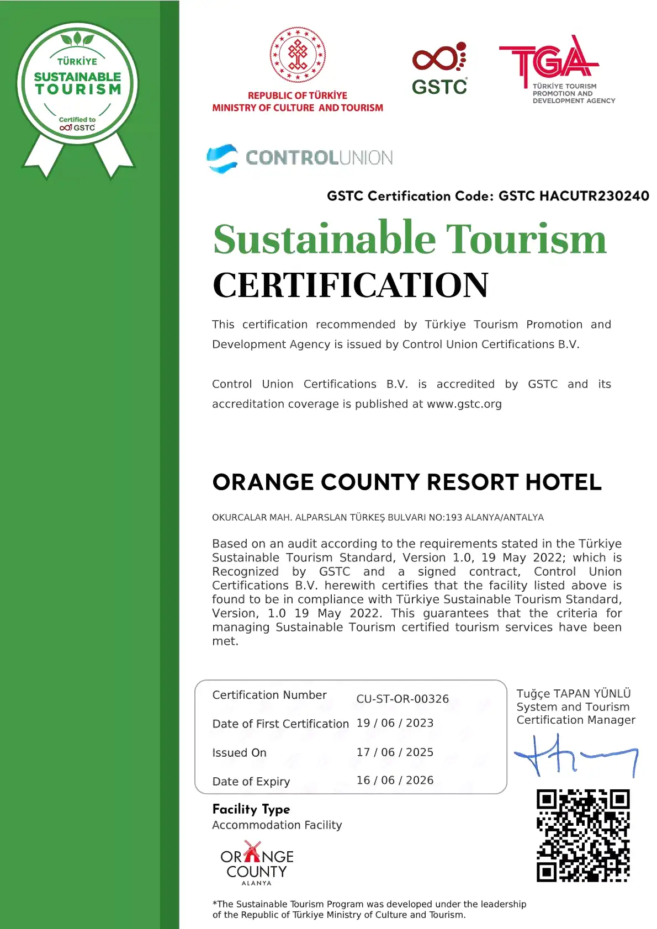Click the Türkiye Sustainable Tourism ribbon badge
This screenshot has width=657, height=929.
pos(77,88)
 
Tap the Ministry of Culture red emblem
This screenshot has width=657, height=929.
pos(298,55)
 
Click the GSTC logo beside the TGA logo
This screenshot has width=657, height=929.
pos(439,68)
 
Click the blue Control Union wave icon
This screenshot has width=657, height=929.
pos(222,158)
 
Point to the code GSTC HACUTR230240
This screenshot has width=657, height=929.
pos(574,196)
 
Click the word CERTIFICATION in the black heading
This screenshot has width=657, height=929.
pos(351,285)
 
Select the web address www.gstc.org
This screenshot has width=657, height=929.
pos(464,404)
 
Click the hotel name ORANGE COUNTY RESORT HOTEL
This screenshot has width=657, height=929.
pos(407,482)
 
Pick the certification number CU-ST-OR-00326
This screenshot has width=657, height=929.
pos(402,699)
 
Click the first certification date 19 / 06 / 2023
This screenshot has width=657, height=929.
pos(395,723)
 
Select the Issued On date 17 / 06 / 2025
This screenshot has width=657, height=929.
pos(395,752)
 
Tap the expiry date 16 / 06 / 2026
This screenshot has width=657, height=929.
pos(395,781)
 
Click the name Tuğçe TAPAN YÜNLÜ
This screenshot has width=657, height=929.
pos(573,694)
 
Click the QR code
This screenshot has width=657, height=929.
pos(583,836)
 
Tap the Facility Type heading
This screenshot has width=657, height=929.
pos(251,809)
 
